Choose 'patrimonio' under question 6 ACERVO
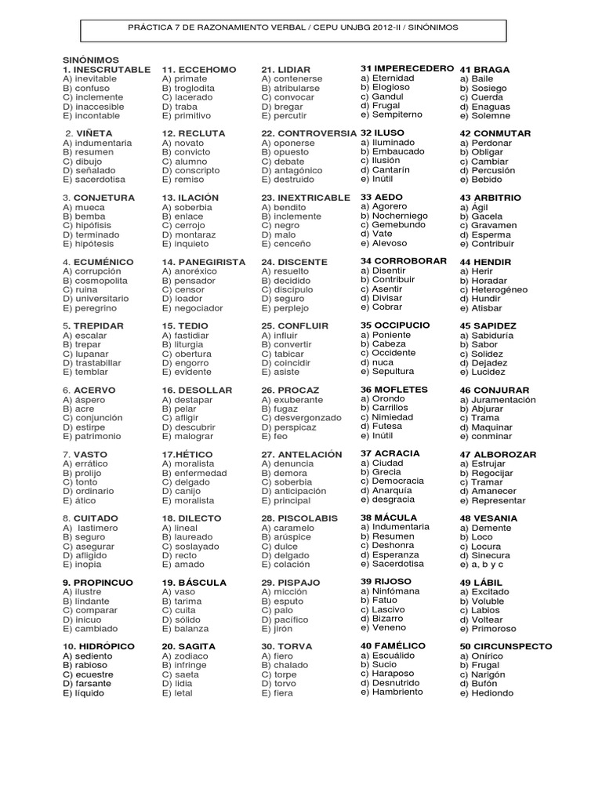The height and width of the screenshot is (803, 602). pos(98,436)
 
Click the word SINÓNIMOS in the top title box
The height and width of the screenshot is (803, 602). pos(428,27)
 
